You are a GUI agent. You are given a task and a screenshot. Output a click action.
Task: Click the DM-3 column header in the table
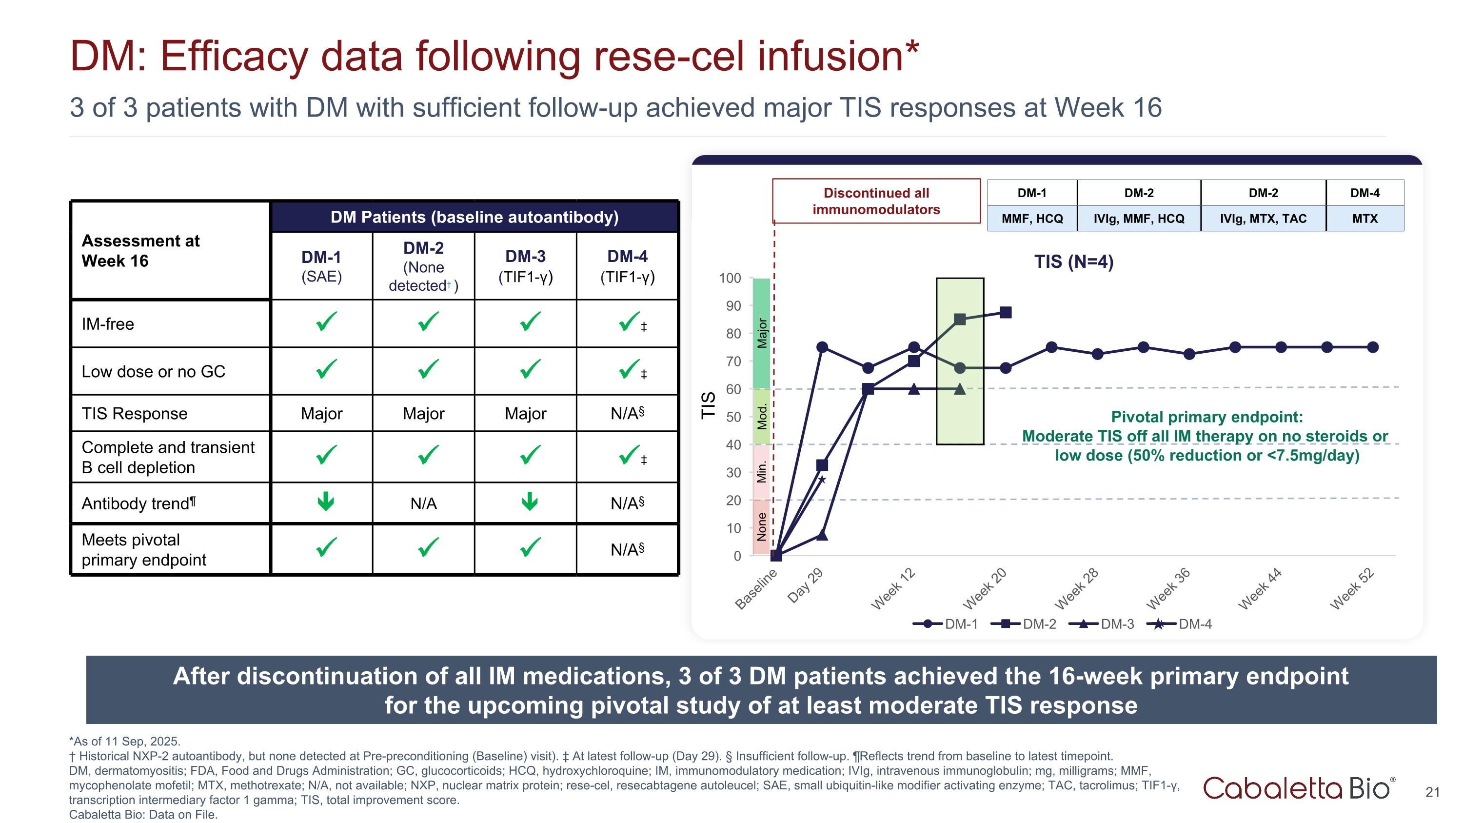[525, 265]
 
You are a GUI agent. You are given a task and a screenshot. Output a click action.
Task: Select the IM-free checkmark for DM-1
[326, 322]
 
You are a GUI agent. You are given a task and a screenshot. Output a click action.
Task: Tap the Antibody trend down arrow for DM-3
[529, 501]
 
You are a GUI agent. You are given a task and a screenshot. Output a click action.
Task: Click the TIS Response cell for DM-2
[423, 414]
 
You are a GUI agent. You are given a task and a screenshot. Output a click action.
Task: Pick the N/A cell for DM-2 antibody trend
[423, 503]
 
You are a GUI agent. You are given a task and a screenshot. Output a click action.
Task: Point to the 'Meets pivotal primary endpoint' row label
[144, 549]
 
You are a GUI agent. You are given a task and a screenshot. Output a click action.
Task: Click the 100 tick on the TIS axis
[730, 278]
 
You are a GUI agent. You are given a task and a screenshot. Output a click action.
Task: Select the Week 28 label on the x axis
[1076, 588]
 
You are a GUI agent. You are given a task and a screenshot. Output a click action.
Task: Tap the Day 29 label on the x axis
[805, 585]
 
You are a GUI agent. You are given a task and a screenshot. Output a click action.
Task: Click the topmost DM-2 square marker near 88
[1005, 312]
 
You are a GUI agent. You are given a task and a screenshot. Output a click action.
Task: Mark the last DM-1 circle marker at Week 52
[1373, 347]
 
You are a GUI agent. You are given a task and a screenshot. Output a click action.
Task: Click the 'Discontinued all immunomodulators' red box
[876, 201]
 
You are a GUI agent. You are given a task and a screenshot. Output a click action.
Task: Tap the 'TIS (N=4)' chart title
[1073, 262]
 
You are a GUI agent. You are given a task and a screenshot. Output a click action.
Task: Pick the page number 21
[1432, 792]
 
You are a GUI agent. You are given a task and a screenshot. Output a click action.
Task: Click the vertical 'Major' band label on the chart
[762, 333]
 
